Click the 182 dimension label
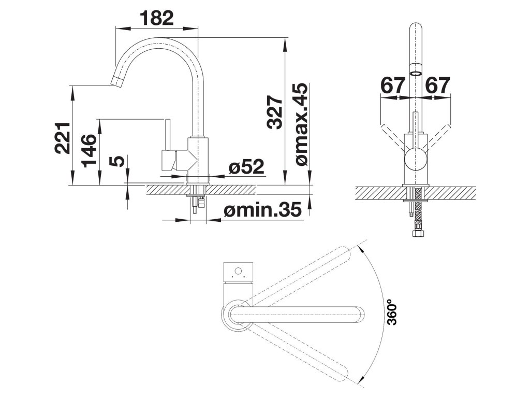[x=157, y=19]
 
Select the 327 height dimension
[x=274, y=112]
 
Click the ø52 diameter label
[x=246, y=166]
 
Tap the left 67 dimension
[x=393, y=86]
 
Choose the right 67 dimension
[x=437, y=86]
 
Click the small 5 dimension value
[x=119, y=161]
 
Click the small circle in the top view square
[x=238, y=271]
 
